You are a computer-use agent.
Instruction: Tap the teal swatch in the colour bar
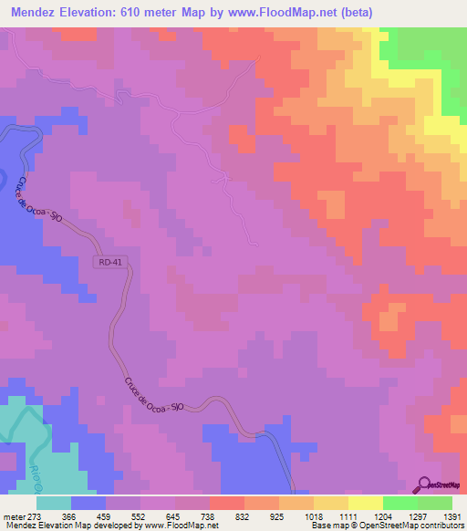pyautogui.click(x=54, y=503)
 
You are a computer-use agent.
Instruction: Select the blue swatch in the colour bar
pyautogui.click(x=88, y=503)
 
